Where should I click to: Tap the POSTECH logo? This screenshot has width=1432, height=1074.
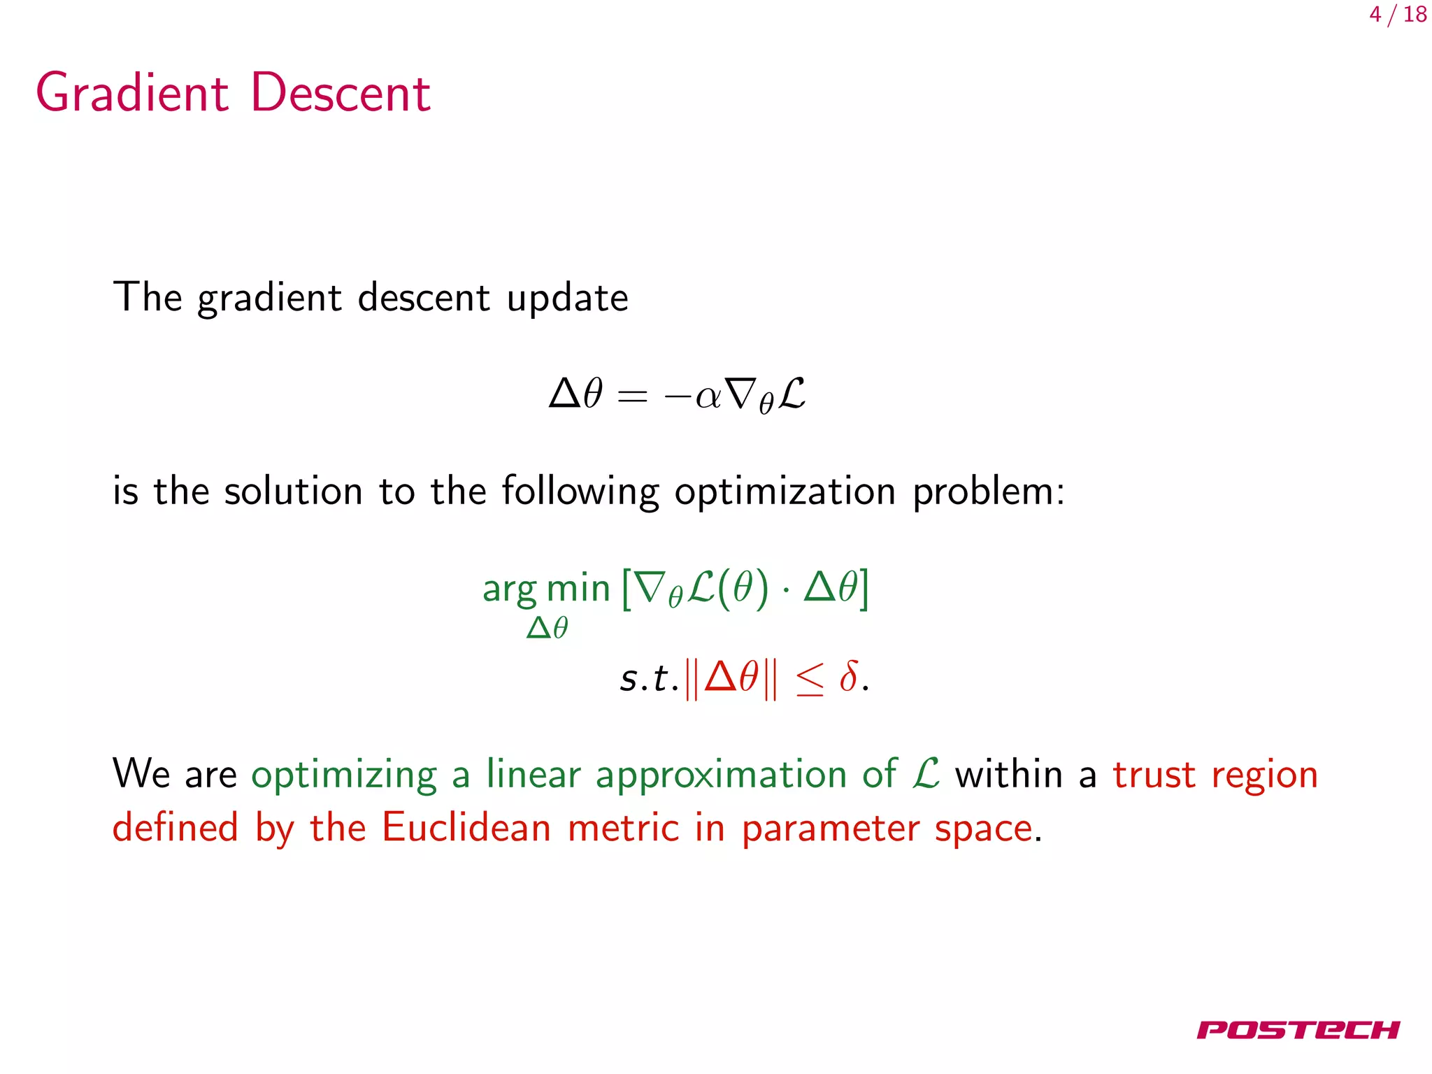[1298, 1030]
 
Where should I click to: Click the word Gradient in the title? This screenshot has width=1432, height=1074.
[132, 93]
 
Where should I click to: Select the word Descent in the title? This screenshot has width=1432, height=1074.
[341, 93]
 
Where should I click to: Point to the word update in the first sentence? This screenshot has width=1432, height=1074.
[567, 299]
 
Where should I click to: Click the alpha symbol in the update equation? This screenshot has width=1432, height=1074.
[708, 396]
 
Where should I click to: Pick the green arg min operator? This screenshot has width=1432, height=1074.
[546, 589]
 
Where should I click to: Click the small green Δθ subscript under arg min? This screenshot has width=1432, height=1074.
[547, 628]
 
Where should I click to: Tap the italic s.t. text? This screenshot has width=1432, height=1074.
[648, 678]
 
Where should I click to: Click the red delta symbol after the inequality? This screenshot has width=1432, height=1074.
[848, 676]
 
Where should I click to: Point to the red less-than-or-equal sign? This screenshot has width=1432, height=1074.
[810, 680]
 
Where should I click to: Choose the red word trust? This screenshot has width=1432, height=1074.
[1154, 775]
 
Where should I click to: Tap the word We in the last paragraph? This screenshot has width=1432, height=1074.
[141, 774]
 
